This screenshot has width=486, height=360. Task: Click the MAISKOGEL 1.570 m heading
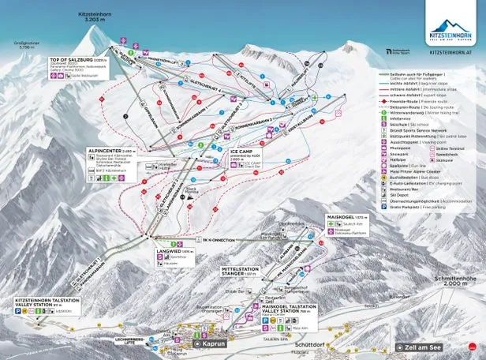pyautogui.click(x=344, y=216)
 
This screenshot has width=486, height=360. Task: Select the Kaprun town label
pyautogui.click(x=213, y=345)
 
